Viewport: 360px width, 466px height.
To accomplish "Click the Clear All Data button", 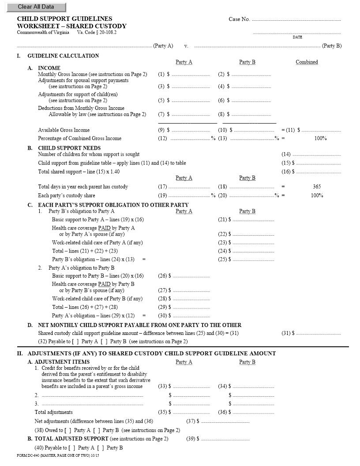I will point(36,7).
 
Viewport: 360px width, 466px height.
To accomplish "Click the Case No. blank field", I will point(296,19).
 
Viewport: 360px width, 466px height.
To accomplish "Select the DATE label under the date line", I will point(297,37).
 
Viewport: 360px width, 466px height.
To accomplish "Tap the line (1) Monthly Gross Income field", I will point(191,75).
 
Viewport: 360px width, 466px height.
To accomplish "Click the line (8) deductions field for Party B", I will point(251,115).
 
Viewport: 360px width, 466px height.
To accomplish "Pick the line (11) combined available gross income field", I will point(321,130).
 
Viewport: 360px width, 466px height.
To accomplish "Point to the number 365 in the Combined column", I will point(316,187).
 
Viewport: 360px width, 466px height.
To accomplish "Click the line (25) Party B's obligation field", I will point(253,259).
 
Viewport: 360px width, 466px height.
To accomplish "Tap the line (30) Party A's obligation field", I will point(191,316).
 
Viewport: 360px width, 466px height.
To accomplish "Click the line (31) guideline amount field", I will point(318,333).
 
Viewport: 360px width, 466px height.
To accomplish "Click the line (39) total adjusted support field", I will point(225,439).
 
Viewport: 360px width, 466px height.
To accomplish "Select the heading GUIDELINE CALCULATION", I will point(63,56).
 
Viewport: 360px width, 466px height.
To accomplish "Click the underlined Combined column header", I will point(307,62).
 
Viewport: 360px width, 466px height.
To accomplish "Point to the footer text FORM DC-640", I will point(28,455).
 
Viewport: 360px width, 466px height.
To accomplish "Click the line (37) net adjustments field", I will point(225,421).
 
